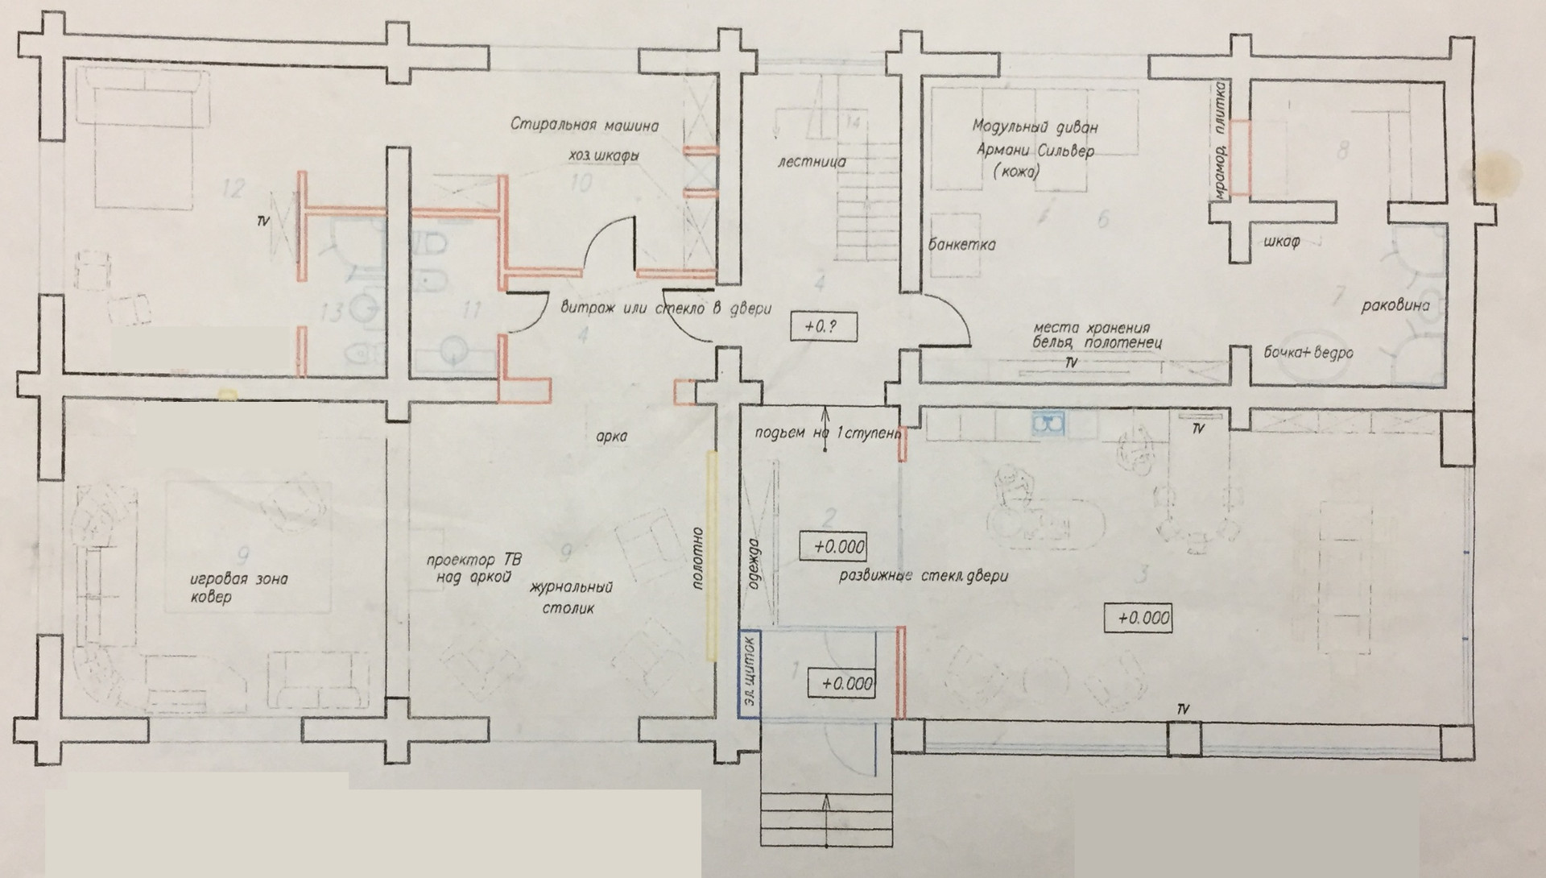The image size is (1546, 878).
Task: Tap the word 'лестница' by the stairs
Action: tap(812, 161)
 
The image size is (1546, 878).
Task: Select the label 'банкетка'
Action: tap(961, 244)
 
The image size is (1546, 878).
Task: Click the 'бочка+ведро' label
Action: tap(1308, 353)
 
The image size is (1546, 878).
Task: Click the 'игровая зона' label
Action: tap(238, 579)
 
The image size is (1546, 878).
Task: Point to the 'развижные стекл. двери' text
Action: tap(923, 576)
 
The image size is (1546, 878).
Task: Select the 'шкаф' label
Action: tap(1282, 242)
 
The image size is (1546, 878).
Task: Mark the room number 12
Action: tap(233, 190)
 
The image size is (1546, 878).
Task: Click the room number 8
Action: tap(1341, 150)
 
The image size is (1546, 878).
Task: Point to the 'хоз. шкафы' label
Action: tap(604, 155)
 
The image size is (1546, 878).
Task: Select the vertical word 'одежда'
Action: tap(754, 564)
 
